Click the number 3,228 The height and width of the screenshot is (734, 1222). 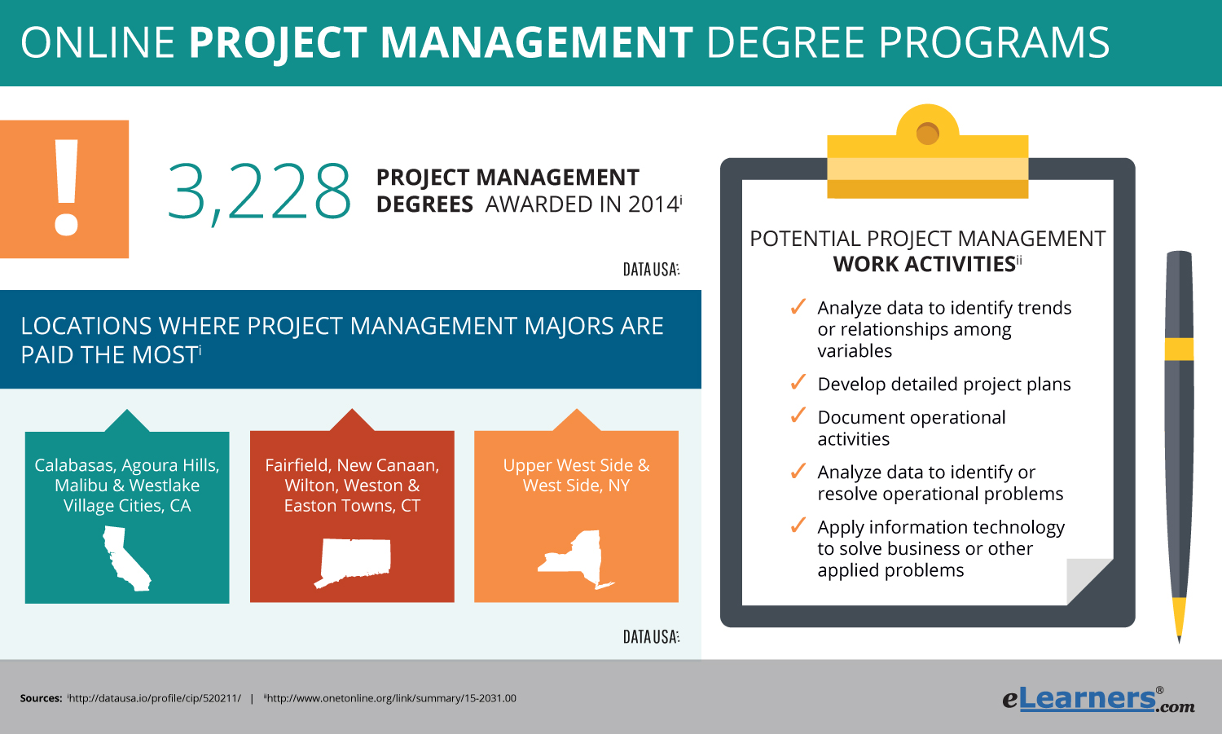click(260, 192)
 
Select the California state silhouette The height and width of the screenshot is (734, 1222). click(125, 558)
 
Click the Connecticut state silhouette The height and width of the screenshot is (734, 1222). click(354, 561)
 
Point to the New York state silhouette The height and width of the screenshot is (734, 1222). click(577, 560)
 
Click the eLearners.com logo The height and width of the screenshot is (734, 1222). click(1097, 698)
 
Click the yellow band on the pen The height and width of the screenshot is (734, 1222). click(1179, 349)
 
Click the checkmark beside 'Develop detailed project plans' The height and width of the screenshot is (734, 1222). click(798, 383)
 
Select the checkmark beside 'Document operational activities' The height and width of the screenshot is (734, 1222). click(798, 416)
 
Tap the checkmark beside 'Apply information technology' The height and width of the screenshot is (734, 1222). click(798, 526)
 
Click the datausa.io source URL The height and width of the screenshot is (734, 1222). click(155, 698)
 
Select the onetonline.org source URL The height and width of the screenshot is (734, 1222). click(391, 698)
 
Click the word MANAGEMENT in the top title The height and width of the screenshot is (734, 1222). click(535, 42)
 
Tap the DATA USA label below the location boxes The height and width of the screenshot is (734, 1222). click(651, 636)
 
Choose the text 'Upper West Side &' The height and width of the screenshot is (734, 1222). click(576, 465)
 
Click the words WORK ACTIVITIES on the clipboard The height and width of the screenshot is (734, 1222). click(924, 264)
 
